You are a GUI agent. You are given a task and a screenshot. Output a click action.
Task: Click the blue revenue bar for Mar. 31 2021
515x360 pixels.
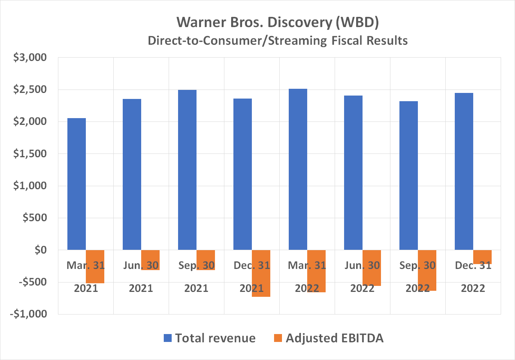76,184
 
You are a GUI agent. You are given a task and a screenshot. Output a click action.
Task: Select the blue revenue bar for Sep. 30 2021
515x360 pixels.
187,170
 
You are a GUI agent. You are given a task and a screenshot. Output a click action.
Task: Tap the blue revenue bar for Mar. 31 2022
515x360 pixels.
298,169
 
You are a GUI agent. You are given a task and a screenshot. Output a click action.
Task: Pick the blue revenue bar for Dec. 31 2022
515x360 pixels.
464,171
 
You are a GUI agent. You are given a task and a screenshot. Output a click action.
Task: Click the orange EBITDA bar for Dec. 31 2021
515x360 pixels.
261,278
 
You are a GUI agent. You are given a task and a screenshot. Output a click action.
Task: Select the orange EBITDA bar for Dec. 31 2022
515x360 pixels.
482,256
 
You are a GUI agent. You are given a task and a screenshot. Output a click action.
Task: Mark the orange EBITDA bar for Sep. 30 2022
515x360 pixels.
427,276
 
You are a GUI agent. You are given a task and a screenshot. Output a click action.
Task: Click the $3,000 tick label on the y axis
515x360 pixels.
30,58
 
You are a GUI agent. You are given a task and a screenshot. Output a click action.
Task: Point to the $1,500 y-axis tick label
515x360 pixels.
30,153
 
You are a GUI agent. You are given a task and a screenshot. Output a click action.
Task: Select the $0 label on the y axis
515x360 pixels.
40,250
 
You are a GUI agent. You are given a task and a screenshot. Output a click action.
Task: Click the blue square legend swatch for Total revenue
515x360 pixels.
168,338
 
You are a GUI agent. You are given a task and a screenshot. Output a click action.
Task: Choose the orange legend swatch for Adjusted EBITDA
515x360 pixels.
278,338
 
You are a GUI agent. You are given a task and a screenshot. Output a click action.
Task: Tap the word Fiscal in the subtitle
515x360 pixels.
346,41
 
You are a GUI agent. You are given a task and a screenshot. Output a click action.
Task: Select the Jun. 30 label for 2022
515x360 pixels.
362,266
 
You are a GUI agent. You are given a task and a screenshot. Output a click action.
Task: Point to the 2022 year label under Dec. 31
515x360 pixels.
473,288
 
